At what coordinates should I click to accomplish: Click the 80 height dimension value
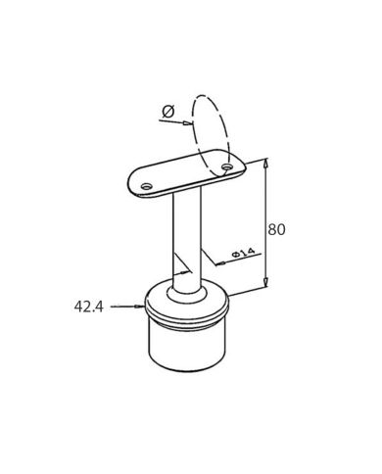pyautogui.click(x=276, y=229)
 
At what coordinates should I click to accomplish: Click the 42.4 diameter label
pyautogui.click(x=88, y=307)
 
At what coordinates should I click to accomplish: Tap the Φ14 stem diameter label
pyautogui.click(x=243, y=252)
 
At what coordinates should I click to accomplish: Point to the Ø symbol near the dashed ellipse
pyautogui.click(x=168, y=112)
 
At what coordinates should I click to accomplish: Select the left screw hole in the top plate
pyautogui.click(x=147, y=187)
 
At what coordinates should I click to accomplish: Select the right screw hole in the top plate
pyautogui.click(x=227, y=166)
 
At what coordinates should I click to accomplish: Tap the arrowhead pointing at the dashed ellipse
pyautogui.click(x=186, y=123)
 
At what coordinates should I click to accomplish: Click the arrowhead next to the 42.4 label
pyautogui.click(x=139, y=307)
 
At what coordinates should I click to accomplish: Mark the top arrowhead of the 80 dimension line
pyautogui.click(x=266, y=163)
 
